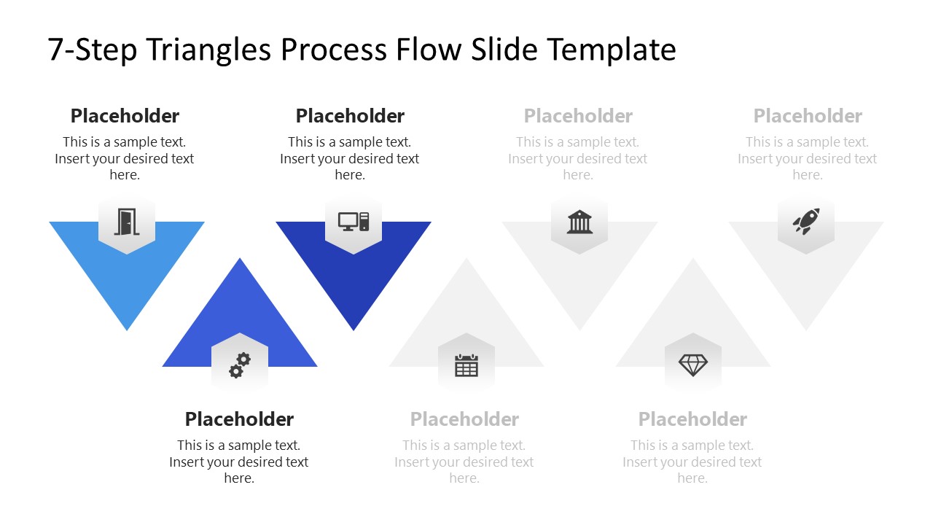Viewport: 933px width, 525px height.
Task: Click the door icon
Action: click(x=126, y=222)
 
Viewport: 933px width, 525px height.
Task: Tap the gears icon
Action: click(x=240, y=365)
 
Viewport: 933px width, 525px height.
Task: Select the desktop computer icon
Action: click(x=354, y=221)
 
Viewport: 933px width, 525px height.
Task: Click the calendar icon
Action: click(x=466, y=365)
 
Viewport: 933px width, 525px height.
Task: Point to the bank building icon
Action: click(x=579, y=222)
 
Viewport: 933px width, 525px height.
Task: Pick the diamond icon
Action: click(x=693, y=365)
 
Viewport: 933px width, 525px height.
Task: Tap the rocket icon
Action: click(x=806, y=221)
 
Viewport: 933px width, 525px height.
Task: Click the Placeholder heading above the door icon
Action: click(x=125, y=116)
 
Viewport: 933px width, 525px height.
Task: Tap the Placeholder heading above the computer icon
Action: click(x=350, y=116)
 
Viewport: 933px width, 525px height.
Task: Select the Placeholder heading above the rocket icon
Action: click(x=808, y=116)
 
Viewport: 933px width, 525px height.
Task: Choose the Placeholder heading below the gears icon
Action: click(x=239, y=419)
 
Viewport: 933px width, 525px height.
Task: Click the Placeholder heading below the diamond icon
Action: click(x=692, y=419)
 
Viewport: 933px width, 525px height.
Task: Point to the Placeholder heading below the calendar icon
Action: click(x=464, y=419)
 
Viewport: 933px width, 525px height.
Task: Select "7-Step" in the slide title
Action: click(x=93, y=50)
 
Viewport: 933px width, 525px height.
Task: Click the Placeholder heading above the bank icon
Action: click(x=578, y=116)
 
